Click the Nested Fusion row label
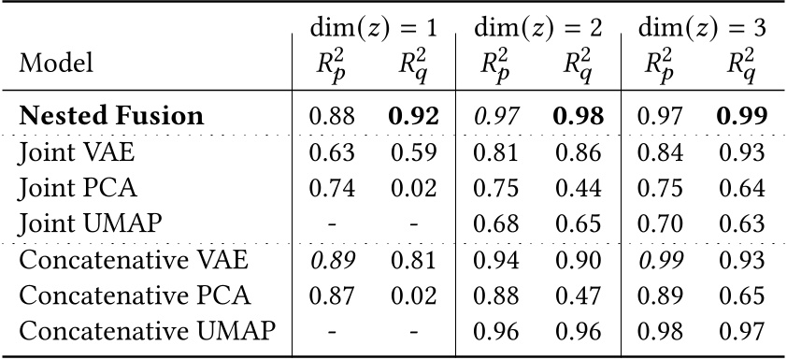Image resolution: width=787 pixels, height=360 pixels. [x=111, y=116]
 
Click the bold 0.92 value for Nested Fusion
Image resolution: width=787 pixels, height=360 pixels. [x=413, y=116]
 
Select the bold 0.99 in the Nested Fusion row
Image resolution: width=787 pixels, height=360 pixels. [x=743, y=116]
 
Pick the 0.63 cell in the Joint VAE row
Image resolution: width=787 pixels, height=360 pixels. [x=333, y=154]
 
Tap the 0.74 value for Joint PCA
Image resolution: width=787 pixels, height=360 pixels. [x=333, y=187]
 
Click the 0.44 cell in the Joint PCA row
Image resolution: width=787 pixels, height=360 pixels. [x=578, y=187]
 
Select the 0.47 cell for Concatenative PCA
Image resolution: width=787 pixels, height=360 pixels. [x=578, y=295]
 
